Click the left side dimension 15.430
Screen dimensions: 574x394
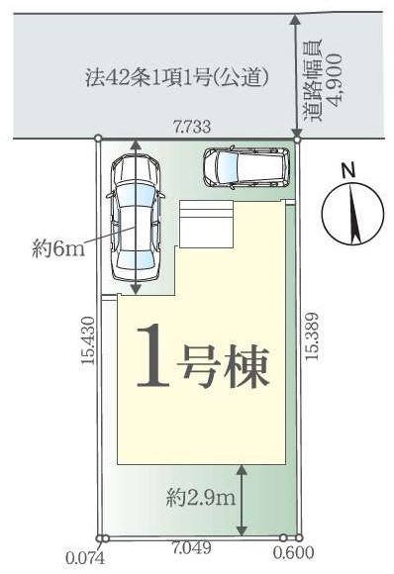pos(87,343)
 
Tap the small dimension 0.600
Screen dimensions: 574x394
pos(296,554)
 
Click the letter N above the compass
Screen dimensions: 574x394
pos(347,170)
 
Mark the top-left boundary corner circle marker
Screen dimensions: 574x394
pos(98,140)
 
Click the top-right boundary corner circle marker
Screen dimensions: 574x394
pos(297,140)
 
